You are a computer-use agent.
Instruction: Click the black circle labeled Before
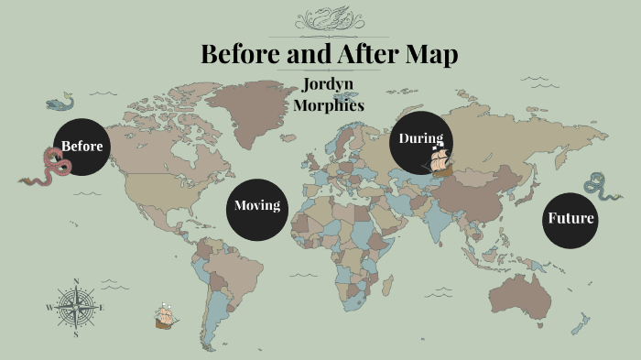point(81,147)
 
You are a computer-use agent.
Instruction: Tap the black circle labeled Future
point(570,219)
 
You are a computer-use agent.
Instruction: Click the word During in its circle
point(420,138)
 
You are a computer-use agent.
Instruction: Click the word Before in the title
point(241,54)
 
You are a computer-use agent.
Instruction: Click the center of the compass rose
point(76,307)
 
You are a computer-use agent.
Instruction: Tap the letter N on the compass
point(76,281)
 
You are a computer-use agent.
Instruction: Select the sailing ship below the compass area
point(166,316)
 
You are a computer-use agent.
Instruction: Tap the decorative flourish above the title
point(328,18)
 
